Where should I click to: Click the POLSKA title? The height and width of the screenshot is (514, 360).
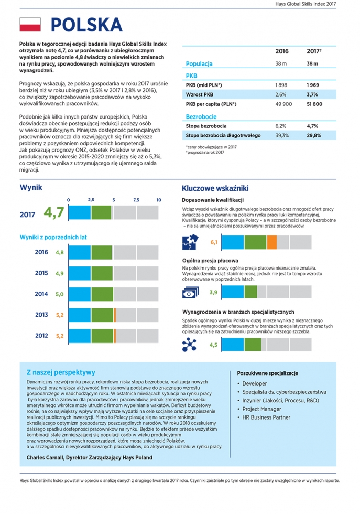coord(86,25)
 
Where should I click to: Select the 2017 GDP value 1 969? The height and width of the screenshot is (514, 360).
coord(313,84)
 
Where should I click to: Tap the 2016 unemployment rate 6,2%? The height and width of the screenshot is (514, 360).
coord(281,126)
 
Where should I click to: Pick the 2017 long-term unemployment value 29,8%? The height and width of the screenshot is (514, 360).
coord(313,135)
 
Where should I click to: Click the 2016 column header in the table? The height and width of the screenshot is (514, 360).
coord(282,51)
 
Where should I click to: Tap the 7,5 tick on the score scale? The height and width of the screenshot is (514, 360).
coord(136,200)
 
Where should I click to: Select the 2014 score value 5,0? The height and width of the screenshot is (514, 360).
coord(59,294)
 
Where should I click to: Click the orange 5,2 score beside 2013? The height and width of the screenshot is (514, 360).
coord(59,315)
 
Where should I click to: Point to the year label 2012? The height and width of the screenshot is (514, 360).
coord(41,335)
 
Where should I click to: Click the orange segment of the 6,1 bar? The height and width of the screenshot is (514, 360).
coord(272,242)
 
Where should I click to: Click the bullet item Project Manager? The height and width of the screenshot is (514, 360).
coord(261,409)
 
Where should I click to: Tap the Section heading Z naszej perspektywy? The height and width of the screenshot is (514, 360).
coord(60,372)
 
